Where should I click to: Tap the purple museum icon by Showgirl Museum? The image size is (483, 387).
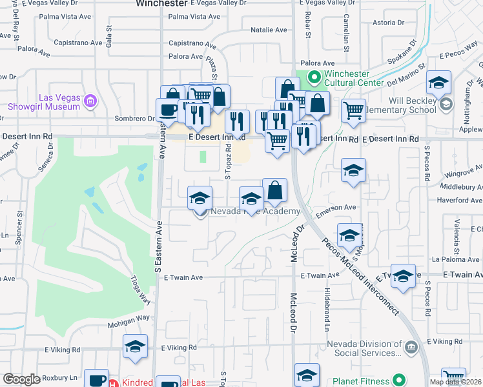90,101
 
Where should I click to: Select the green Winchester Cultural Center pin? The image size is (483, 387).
314,78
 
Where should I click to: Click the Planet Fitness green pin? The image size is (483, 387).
400,381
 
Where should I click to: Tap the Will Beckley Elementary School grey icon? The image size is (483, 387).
445,104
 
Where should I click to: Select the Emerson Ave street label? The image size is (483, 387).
336,207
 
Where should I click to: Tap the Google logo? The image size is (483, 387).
21,379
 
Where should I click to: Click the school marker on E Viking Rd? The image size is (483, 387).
136,346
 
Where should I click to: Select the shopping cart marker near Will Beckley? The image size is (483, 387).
353,110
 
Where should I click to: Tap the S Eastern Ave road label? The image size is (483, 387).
159,245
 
